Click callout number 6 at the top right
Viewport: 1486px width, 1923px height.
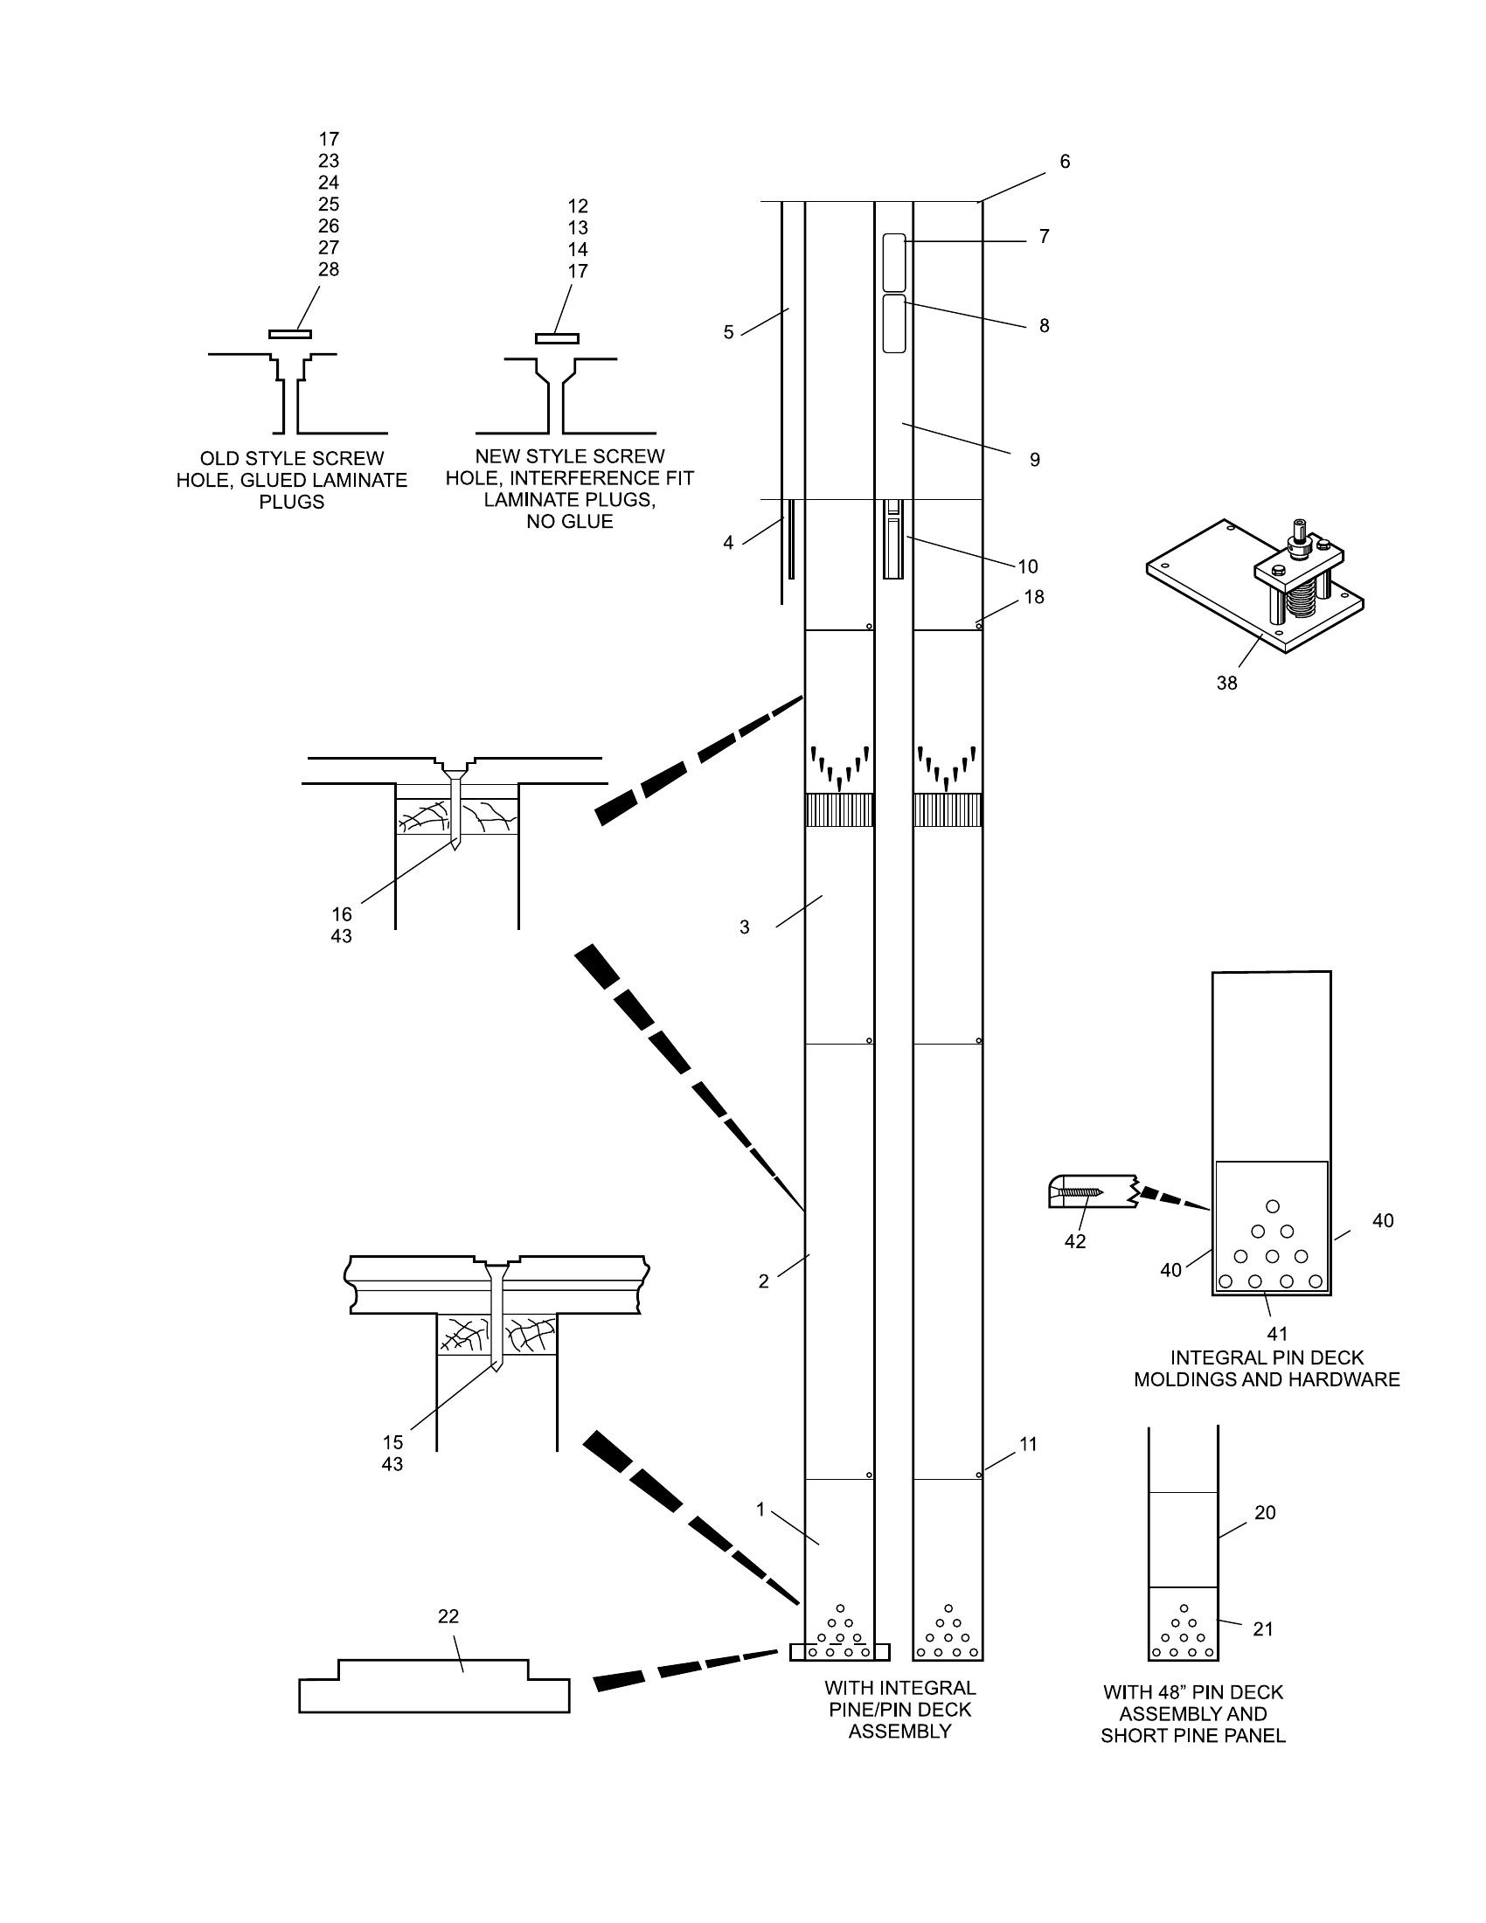click(x=1065, y=161)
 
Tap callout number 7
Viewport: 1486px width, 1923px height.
click(x=1044, y=236)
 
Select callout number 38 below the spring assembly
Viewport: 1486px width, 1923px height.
click(x=1226, y=683)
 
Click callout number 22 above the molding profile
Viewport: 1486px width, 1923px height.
click(x=448, y=1615)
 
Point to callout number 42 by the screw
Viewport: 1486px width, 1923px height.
click(x=1075, y=1241)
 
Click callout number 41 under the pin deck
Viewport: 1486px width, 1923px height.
click(x=1276, y=1333)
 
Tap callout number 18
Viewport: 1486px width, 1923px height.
click(x=1034, y=597)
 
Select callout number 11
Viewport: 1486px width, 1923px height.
click(x=1028, y=1444)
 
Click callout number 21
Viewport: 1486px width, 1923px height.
click(x=1263, y=1629)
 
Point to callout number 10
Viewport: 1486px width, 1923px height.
click(x=1027, y=566)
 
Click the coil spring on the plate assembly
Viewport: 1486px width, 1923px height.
click(x=1301, y=606)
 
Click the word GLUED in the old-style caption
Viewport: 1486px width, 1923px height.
click(x=271, y=480)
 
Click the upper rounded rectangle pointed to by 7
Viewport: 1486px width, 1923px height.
click(x=893, y=261)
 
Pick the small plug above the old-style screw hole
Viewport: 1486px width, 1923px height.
click(x=289, y=334)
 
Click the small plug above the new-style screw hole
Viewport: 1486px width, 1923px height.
click(x=556, y=338)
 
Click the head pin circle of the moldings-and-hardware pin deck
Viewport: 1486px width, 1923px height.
click(x=1272, y=1206)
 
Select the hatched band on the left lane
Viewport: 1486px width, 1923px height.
click(x=839, y=810)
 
